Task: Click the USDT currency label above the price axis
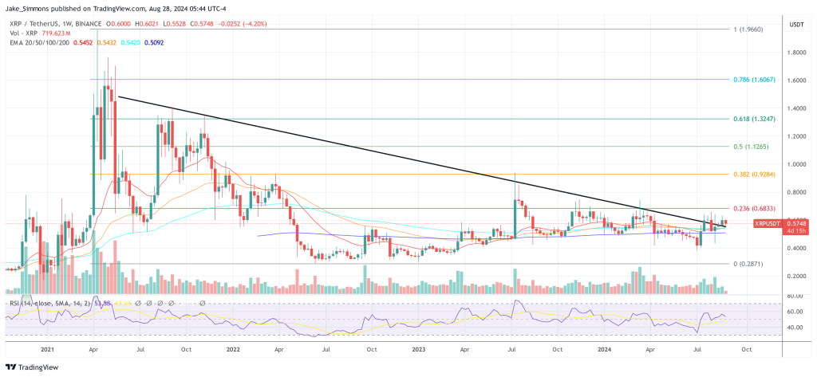(795, 24)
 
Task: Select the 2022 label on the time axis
(234, 348)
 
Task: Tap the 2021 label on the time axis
(45, 348)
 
